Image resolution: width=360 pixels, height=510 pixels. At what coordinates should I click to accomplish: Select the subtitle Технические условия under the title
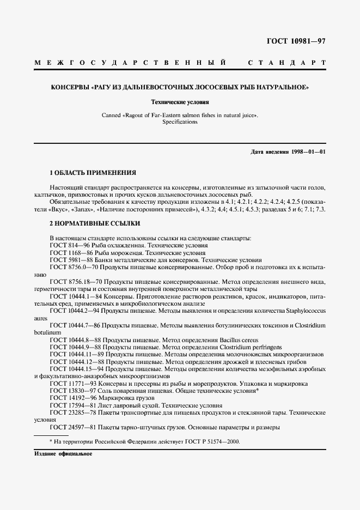180,101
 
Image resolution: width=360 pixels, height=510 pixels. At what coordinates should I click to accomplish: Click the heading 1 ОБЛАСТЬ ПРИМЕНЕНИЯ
93,173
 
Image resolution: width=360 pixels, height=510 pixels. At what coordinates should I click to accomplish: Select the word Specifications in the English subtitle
180,122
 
